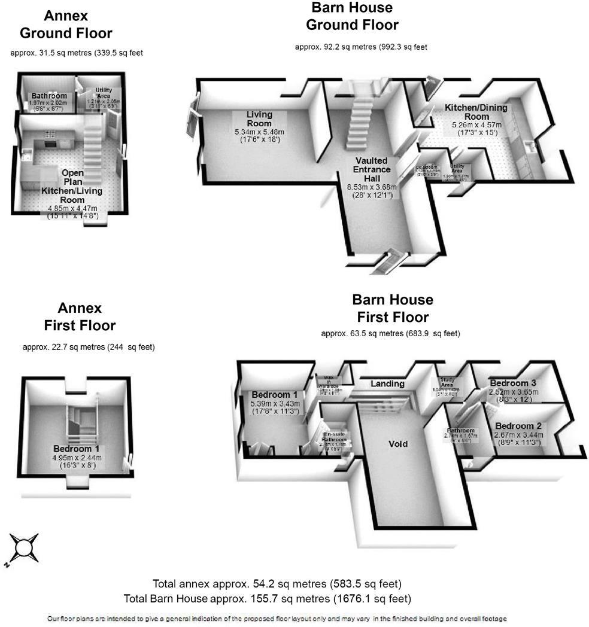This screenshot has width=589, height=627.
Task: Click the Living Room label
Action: click(259, 119)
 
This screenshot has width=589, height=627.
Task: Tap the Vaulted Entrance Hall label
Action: click(372, 170)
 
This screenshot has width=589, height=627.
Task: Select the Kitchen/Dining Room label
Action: click(475, 112)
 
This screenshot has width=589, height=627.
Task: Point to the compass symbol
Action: click(25, 547)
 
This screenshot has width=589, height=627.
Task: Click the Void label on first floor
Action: click(398, 444)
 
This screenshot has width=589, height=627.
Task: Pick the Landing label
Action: click(387, 383)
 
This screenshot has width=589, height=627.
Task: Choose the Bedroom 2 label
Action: click(518, 425)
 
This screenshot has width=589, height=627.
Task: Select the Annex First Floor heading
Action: click(80, 317)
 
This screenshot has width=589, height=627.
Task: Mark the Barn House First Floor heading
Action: click(392, 308)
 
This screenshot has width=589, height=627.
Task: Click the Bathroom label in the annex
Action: click(49, 96)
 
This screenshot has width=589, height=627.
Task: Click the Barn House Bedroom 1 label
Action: click(274, 395)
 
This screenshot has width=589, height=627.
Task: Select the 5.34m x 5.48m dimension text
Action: click(260, 132)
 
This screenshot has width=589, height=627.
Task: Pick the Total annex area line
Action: click(277, 584)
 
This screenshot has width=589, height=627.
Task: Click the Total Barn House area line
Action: click(267, 598)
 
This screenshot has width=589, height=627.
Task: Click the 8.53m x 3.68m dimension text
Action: click(372, 187)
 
